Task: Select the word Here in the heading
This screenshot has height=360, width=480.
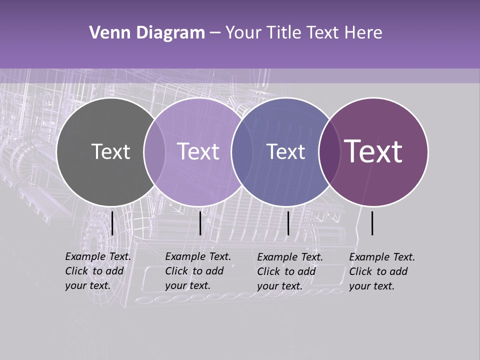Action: (x=364, y=33)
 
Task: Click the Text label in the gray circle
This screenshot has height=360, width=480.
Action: (x=110, y=151)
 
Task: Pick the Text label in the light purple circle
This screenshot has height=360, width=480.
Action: (x=198, y=151)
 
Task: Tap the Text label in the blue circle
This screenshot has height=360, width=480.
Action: (x=286, y=151)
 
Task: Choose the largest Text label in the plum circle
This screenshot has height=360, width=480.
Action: (x=373, y=151)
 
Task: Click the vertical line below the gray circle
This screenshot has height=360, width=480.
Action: (x=112, y=223)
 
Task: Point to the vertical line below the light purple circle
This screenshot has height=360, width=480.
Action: (x=200, y=223)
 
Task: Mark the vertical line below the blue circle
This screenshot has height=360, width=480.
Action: (x=288, y=223)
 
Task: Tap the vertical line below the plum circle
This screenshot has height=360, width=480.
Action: (x=372, y=223)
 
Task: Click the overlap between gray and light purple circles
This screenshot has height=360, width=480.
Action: (x=154, y=151)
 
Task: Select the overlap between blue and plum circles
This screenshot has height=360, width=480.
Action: (x=329, y=151)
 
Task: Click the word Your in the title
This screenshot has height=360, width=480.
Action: (x=243, y=33)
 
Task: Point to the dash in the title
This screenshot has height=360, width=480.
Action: (x=215, y=33)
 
